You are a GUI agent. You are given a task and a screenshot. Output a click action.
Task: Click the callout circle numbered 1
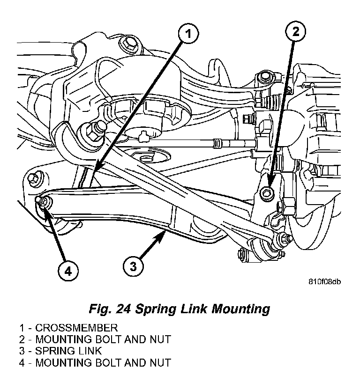pos(187,34)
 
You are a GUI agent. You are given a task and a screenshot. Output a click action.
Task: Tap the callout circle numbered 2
pos(295,32)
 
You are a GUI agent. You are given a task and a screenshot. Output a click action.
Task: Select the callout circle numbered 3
pos(133,266)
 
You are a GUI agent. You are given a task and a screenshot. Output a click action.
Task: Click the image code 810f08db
pos(324,282)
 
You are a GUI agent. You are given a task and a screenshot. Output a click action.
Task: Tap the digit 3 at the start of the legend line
pos(22,351)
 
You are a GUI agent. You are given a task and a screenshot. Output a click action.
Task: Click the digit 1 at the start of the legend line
pos(22,328)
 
